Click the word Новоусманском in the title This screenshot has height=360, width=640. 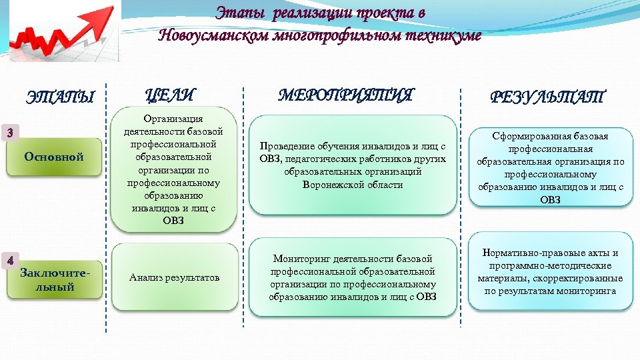pyautogui.click(x=213, y=35)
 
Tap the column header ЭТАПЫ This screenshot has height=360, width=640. pyautogui.click(x=60, y=97)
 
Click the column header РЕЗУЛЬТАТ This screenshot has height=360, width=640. pyautogui.click(x=547, y=97)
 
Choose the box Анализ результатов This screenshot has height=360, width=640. pyautogui.click(x=175, y=277)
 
